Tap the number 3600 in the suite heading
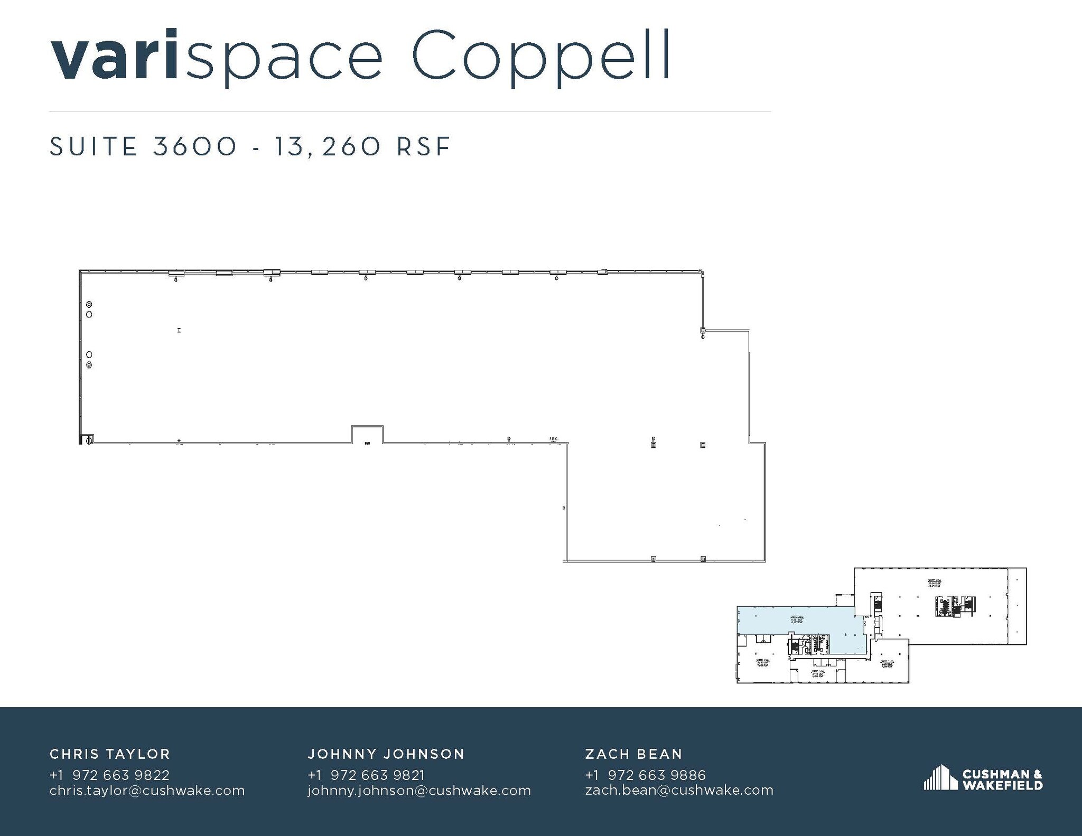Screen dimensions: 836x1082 (195, 146)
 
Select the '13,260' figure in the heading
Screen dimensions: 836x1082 (327, 146)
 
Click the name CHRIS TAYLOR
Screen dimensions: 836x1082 (110, 754)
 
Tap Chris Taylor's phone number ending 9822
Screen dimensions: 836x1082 (109, 775)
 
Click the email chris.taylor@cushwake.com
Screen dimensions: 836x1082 (147, 790)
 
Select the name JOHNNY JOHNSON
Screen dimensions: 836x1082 (386, 754)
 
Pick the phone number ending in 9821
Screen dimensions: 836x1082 (366, 775)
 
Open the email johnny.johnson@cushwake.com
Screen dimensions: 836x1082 (419, 790)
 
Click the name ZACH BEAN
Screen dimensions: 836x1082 (633, 754)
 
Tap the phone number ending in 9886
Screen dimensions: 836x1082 (645, 775)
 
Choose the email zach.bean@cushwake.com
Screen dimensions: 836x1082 (679, 790)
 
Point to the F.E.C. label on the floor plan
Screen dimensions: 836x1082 (554, 438)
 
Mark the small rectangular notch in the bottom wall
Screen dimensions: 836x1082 (367, 434)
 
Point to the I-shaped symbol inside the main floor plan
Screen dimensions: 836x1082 (179, 330)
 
